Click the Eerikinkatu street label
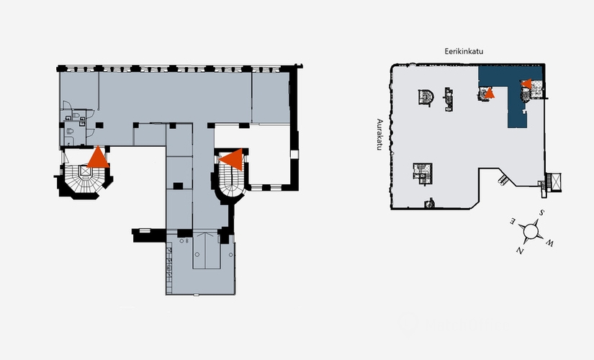[x=464, y=51]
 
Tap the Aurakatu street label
[x=380, y=135]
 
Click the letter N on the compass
[x=520, y=251]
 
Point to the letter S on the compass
[x=542, y=212]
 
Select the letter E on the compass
[x=513, y=220]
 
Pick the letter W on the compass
[x=550, y=243]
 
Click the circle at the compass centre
[x=531, y=231]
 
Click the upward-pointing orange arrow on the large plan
[x=98, y=157]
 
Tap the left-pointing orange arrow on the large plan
[x=231, y=160]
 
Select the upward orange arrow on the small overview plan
[x=490, y=93]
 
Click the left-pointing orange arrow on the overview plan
[x=526, y=84]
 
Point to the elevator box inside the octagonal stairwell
[x=86, y=171]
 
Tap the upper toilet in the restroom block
[x=76, y=114]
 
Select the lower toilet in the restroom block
[x=70, y=131]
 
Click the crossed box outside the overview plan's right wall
[x=556, y=183]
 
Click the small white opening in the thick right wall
[x=294, y=154]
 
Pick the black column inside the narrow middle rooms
[x=178, y=186]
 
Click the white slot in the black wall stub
[x=145, y=230]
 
